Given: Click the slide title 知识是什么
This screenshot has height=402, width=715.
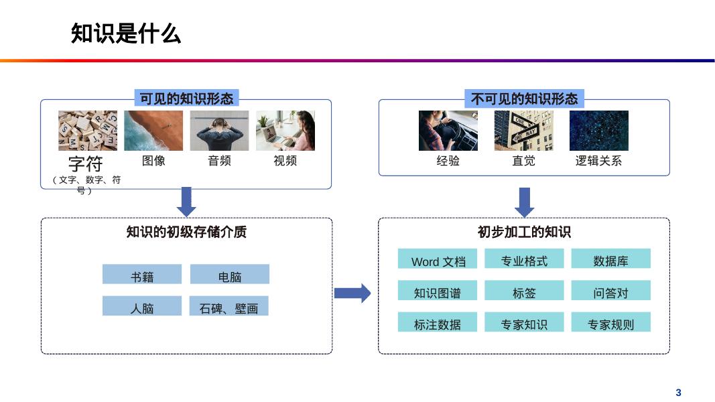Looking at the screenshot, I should coord(126,33).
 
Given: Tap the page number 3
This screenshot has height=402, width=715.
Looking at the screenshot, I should coord(678,393).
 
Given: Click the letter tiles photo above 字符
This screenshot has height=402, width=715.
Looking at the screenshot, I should coord(88,131).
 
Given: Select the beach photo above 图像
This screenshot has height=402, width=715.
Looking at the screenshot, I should coord(153,131).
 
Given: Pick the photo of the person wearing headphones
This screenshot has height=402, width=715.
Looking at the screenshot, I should coord(219,131).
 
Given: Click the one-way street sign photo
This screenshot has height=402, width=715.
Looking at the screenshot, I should coord(523,131).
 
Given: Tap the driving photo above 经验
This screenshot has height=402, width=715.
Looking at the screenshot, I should coord(448,131).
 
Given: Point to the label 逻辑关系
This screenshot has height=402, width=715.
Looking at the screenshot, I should coord(598,161).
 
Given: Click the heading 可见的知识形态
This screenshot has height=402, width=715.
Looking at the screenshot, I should coord(186,99).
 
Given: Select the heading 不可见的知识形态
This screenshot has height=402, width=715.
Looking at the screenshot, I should coord(524,99).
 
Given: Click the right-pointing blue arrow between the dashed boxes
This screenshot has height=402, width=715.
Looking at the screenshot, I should coord(352,293).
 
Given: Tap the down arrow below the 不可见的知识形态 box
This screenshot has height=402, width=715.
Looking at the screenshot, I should coord(525,201).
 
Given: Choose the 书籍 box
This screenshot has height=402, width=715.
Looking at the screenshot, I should coord(142,275).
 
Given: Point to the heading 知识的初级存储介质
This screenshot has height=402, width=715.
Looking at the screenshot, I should coord(186,232).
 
